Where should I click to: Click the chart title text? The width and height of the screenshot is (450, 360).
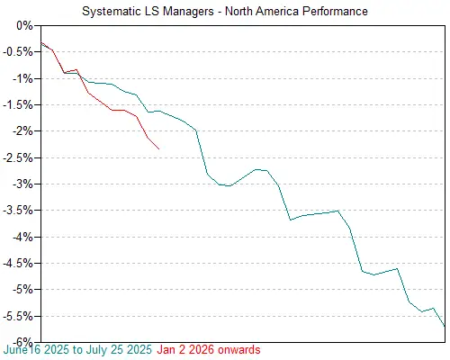coord(224,11)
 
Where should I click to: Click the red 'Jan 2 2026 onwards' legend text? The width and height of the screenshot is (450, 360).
coord(209,349)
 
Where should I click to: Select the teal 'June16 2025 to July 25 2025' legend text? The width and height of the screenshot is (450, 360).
coord(78,349)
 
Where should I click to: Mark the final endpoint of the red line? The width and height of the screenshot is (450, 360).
coord(159,148)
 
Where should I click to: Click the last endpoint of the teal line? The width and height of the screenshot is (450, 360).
coord(445,326)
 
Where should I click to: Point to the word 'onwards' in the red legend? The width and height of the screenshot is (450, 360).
coord(238,349)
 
